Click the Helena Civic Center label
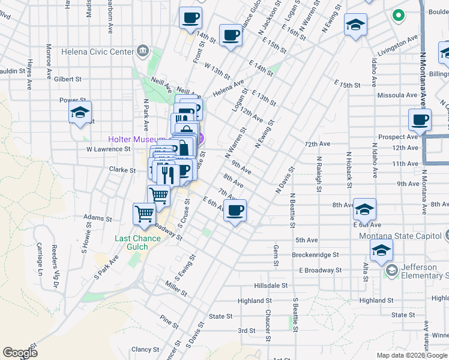coord(97,52)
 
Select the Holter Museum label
coord(137,139)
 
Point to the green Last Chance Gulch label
coord(137,242)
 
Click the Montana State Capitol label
coord(399,235)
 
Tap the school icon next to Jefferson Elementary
coord(391,271)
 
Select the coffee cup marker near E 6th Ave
coord(235,210)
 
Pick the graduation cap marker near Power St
coord(79,112)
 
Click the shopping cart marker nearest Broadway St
coord(144,213)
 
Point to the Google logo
coord(20,353)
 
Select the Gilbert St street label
coord(67,79)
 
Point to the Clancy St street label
coord(145,349)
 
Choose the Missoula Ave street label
coord(397,95)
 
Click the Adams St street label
coord(98,218)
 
